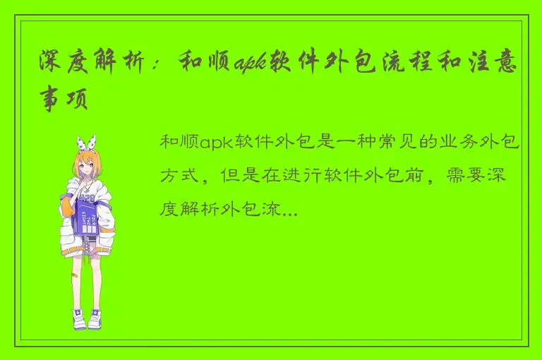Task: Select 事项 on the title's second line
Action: tap(64, 100)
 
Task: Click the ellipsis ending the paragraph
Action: tap(289, 210)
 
